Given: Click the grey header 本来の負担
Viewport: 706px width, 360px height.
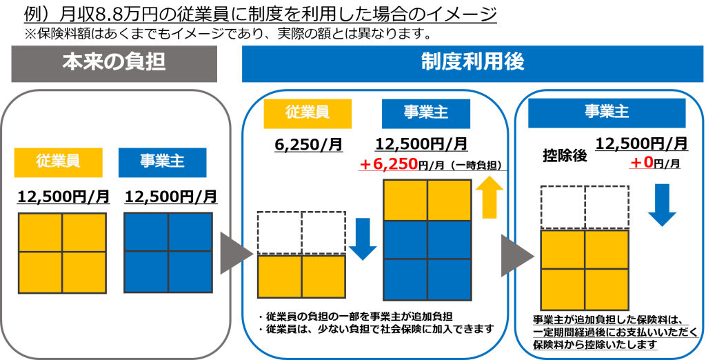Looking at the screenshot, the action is (x=114, y=63).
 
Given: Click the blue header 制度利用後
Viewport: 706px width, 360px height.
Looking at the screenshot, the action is (x=472, y=63).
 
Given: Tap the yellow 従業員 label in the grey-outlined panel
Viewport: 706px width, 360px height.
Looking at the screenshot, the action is (x=58, y=162).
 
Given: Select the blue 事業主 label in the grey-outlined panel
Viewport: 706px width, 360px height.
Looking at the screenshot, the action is (x=163, y=162).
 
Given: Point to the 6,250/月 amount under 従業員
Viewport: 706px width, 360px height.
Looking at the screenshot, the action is (x=308, y=145).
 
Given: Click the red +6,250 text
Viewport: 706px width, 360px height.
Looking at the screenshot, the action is (x=388, y=163).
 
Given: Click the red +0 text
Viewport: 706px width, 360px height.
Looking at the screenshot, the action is (x=641, y=162).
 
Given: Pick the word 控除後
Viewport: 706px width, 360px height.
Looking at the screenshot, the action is (x=564, y=155).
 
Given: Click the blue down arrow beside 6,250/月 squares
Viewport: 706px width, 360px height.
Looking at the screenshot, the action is (x=363, y=239).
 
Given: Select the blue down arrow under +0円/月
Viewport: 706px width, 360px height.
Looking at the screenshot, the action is (x=662, y=205).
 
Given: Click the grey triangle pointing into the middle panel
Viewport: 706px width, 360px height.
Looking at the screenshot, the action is (x=236, y=253).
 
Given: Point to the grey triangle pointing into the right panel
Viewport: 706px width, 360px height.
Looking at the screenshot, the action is (x=517, y=255).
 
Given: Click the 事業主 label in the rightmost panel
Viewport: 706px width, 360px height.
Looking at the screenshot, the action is (x=607, y=112).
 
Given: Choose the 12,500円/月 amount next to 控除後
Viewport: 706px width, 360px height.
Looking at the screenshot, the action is (x=642, y=143).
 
